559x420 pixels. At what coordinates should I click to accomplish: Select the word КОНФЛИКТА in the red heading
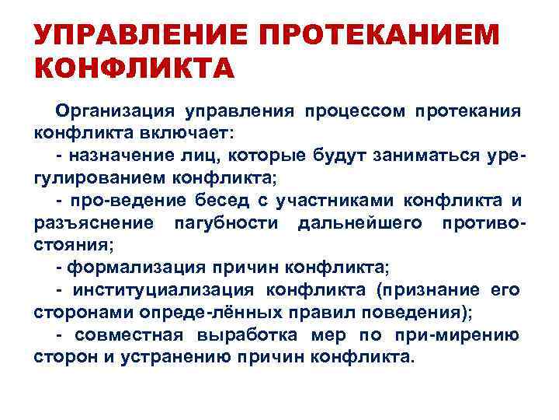[134, 68]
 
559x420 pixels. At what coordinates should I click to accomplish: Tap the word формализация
[136, 268]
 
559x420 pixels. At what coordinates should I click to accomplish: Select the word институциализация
[164, 291]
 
